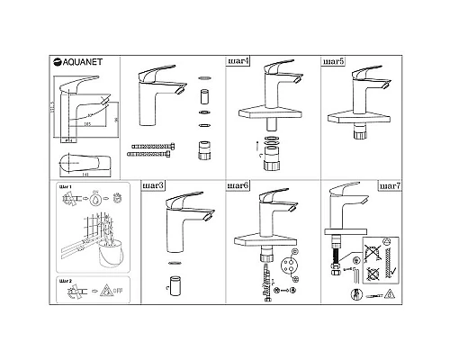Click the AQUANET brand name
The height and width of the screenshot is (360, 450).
point(80,62)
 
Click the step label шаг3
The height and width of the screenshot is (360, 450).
point(154,185)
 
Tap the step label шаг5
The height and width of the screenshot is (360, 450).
point(334,62)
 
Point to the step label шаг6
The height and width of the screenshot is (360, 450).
point(240,185)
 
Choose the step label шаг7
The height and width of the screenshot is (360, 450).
point(387,185)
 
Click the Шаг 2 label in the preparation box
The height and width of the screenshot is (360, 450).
point(64,281)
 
